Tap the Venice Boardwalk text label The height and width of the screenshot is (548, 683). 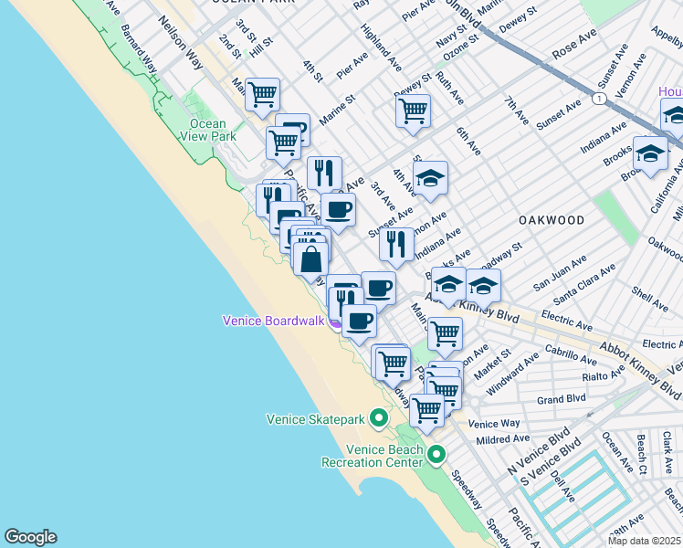pos(275,321)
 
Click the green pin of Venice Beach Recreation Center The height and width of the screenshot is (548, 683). pos(436,454)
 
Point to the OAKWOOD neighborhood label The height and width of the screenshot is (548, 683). pos(552,220)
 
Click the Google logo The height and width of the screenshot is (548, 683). pos(30,537)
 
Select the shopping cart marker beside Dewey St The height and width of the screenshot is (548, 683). pos(413,111)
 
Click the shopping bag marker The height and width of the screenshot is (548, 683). pos(310,259)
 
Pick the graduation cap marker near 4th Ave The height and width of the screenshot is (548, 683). pos(430,178)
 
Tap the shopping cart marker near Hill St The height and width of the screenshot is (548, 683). pos(263,94)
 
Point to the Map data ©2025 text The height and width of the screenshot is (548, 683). pos(645,541)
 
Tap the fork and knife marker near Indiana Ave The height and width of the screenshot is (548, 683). pos(396,245)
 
